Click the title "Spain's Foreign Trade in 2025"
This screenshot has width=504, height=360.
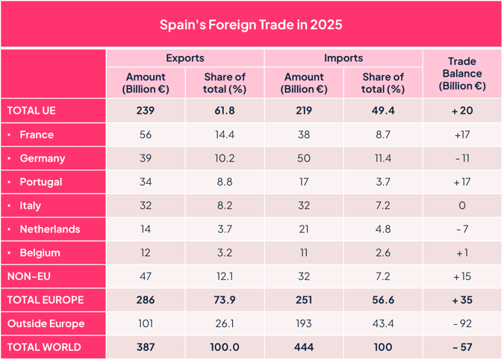251,25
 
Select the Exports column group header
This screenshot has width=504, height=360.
184,58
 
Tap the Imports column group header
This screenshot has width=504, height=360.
343,58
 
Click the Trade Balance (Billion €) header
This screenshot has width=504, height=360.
462,73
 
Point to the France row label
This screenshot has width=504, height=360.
37,134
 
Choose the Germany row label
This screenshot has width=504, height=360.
42,158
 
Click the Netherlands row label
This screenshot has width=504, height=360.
49,229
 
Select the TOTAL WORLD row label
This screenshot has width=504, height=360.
43,347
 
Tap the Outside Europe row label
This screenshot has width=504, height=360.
46,323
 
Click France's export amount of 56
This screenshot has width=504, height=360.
146,134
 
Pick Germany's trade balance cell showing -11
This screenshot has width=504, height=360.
462,158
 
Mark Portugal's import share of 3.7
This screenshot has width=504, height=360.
382,182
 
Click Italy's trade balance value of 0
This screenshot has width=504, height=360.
462,205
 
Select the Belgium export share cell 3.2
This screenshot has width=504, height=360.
224,253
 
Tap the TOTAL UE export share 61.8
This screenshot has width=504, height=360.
224,111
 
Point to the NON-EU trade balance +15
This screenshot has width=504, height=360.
462,276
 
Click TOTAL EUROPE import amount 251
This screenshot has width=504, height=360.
304,300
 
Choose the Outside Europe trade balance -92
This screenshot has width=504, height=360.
462,323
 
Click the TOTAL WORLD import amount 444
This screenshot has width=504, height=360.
304,347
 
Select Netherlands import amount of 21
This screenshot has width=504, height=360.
304,229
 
